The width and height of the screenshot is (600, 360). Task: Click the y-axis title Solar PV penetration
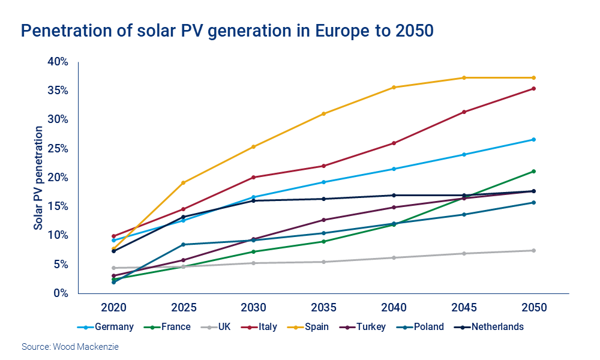point(38,178)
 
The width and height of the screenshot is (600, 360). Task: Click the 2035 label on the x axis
point(323,308)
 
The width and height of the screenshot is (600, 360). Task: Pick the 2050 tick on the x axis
point(534,308)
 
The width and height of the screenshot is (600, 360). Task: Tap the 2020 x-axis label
point(113,308)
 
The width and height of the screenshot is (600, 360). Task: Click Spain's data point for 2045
point(464,77)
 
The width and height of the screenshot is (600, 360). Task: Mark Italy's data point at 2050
point(534,89)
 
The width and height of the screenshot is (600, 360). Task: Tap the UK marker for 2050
point(534,250)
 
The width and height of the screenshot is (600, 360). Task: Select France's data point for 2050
point(534,171)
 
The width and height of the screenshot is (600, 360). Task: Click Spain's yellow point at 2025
point(184,182)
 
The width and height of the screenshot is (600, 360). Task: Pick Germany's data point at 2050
point(534,139)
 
